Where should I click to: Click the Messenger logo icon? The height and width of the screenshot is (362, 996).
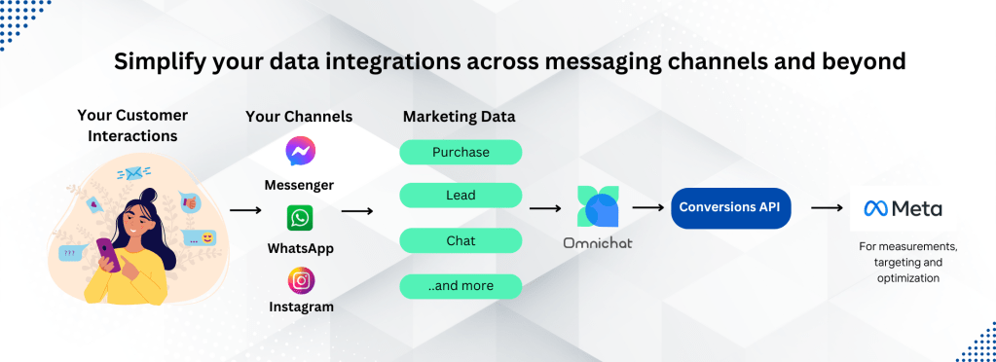pos(301,152)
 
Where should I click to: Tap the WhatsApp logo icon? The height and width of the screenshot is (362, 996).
pos(300,218)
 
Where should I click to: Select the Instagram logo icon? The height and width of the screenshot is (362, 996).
pos(301,280)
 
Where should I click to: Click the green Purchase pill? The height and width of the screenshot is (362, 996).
pos(461,153)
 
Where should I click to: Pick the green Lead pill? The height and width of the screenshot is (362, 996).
pos(461,196)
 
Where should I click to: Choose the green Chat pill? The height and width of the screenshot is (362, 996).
pos(461,241)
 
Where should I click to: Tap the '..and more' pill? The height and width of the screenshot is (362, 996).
pos(461,286)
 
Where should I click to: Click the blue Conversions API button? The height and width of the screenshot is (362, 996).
pos(730,207)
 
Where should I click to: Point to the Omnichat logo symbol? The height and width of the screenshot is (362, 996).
pos(598,206)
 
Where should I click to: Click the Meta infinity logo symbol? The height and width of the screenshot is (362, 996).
pos(876,208)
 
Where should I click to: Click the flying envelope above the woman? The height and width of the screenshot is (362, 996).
pos(132,173)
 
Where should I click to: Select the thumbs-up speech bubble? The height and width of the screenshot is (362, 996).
pos(189,202)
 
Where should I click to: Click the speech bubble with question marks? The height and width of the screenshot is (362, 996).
pos(69,253)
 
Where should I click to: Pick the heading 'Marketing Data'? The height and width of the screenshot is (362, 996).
pos(460,117)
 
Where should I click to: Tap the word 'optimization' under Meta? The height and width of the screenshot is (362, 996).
pos(907,277)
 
